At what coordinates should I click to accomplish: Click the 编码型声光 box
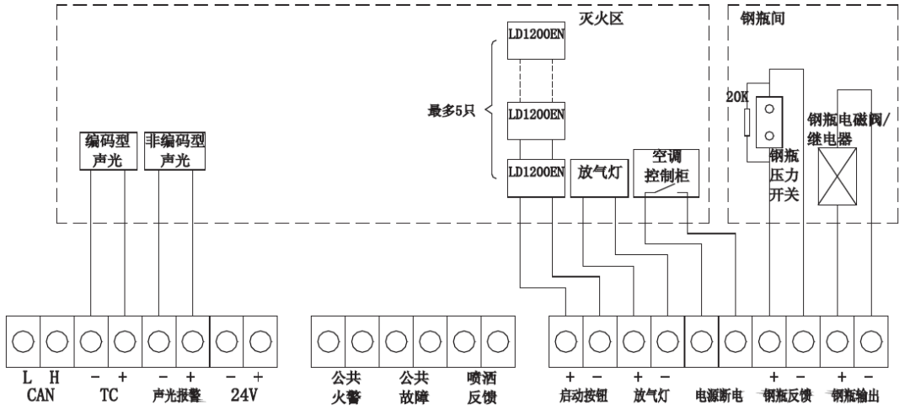(x=107, y=150)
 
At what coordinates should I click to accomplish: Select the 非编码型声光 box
(x=175, y=150)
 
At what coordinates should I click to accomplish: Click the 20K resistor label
(x=737, y=98)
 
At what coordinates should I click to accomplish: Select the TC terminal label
(x=107, y=393)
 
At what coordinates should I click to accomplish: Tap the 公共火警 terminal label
(x=345, y=386)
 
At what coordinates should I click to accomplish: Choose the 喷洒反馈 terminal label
(x=481, y=386)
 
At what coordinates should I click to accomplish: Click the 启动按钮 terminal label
(x=582, y=394)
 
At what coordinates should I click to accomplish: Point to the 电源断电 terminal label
(x=718, y=394)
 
